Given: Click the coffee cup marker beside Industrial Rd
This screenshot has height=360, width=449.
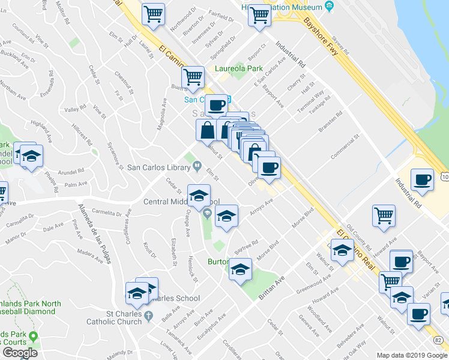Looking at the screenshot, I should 422,180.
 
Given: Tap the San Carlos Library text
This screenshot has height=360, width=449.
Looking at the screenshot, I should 161,167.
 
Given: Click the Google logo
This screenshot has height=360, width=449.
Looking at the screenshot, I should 20,353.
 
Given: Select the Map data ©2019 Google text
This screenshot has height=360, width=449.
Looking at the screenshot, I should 412,355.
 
